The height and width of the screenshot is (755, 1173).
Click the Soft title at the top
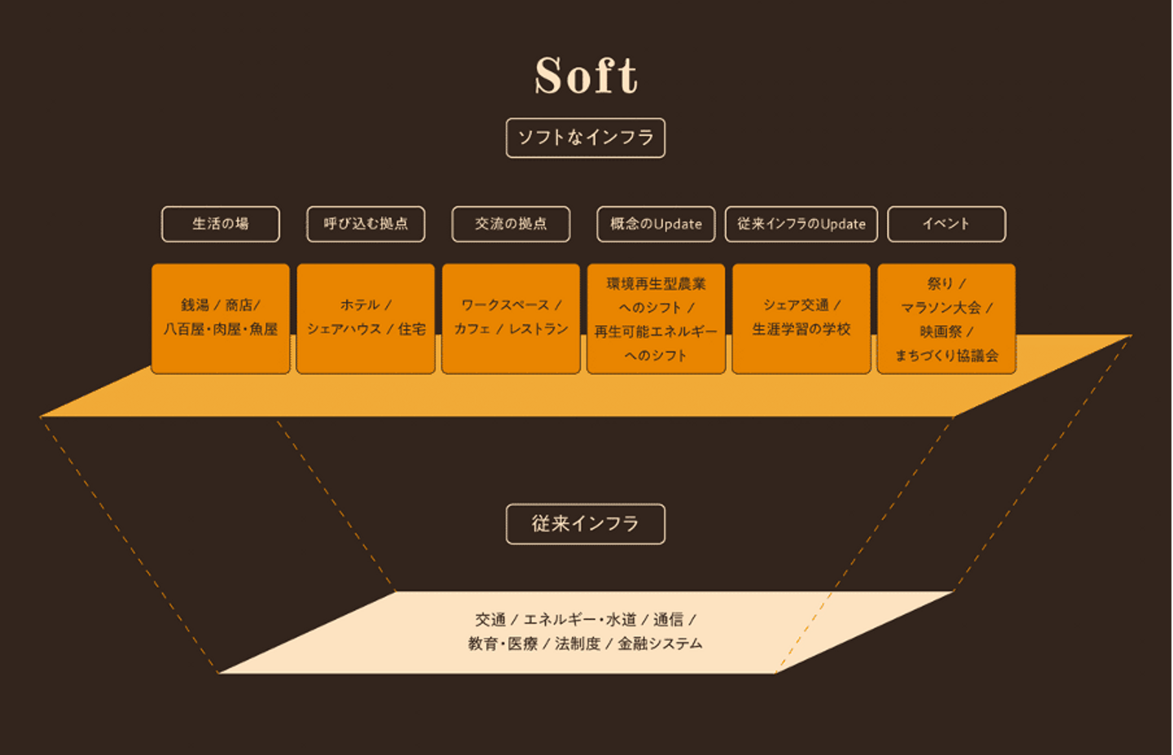pos(586,76)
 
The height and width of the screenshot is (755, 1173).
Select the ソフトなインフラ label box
pos(586,138)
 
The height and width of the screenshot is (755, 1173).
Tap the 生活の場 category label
pos(221,224)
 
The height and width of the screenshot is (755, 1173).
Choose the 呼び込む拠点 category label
pos(366,224)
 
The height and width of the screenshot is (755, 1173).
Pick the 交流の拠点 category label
pos(511,224)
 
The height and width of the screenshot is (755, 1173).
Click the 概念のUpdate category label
pos(656,224)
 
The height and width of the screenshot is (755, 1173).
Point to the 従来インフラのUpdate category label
pos(802,224)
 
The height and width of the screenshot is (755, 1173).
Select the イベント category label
pos(947,224)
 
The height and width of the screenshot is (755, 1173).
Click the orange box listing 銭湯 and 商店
pos(221,318)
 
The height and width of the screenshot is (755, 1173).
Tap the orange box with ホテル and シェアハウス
pos(366,318)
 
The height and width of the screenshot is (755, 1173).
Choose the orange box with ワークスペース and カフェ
pos(511,318)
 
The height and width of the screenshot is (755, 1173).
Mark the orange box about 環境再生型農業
pos(656,318)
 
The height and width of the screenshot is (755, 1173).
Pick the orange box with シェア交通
pos(802,318)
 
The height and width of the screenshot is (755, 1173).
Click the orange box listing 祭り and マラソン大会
pos(947,318)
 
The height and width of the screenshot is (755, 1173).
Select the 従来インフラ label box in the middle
pos(586,524)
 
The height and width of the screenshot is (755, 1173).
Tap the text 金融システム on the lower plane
pos(660,644)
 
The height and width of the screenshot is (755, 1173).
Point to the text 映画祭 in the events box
pos(941,331)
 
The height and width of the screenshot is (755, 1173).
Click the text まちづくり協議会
pos(947,356)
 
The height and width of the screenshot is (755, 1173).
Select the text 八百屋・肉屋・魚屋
pos(221,329)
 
